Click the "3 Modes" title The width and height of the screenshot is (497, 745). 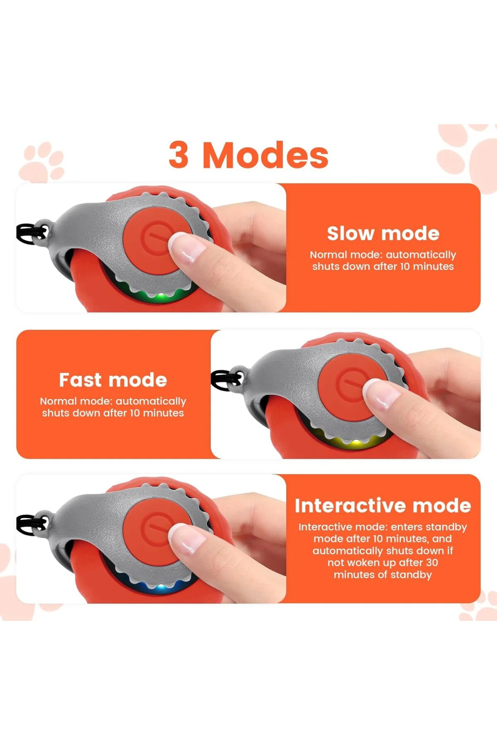[x=248, y=155]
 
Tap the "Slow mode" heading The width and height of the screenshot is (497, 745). [x=383, y=233]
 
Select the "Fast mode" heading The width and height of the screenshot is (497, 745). [x=113, y=380]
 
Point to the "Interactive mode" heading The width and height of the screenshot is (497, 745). [x=383, y=506]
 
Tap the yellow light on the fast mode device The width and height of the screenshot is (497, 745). [x=354, y=443]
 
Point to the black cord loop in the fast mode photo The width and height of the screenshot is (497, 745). [x=226, y=380]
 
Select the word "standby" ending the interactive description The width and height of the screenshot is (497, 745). [x=411, y=575]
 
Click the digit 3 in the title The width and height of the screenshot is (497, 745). [x=179, y=155]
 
